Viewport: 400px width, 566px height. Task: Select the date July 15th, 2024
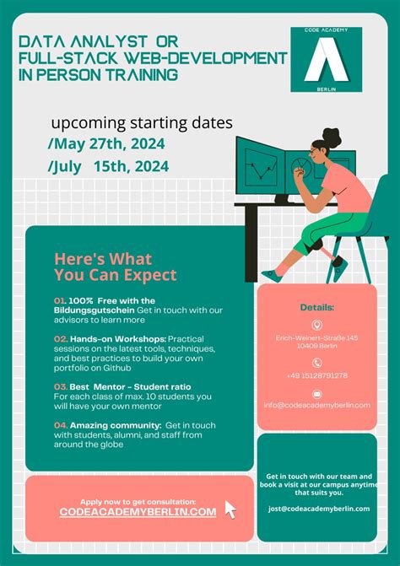[x=109, y=166]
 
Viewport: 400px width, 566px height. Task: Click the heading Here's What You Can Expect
[x=115, y=267]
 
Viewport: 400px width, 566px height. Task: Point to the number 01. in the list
[x=59, y=300]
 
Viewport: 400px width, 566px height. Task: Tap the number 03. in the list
[x=60, y=385]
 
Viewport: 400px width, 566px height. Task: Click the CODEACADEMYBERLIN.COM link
[x=138, y=512]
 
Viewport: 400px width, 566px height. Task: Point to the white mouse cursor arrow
[x=230, y=509]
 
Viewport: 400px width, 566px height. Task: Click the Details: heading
[x=317, y=308]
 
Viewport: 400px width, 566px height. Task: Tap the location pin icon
[x=317, y=325]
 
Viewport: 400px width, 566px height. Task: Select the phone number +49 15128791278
[x=317, y=375]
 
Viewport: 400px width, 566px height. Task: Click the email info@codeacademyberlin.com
[x=317, y=405]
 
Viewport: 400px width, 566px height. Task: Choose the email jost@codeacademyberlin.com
[x=319, y=509]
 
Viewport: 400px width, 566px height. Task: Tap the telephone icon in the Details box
[x=317, y=363]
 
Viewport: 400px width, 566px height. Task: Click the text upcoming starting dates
[x=141, y=123]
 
